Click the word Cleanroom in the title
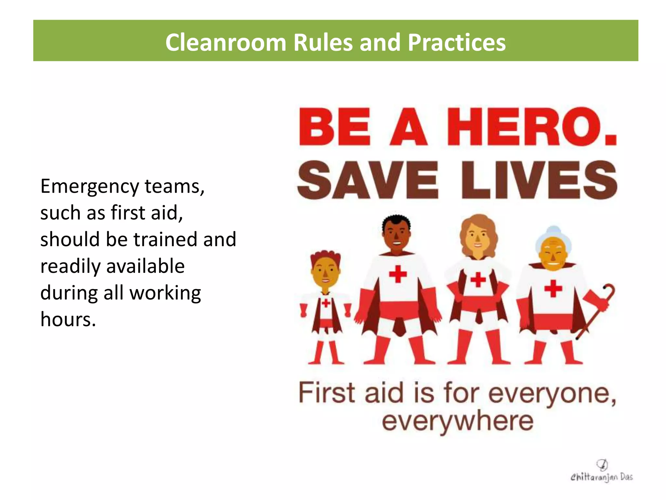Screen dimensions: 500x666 [x=225, y=42]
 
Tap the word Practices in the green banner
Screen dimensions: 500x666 [x=457, y=42]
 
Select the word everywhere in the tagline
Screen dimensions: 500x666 [x=458, y=421]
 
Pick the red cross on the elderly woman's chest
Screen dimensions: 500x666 [x=553, y=288]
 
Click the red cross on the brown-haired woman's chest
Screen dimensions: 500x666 [x=478, y=279]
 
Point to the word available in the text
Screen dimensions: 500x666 [x=145, y=266]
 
